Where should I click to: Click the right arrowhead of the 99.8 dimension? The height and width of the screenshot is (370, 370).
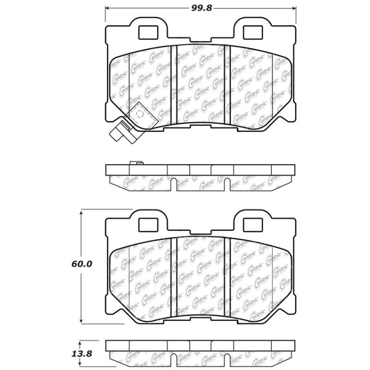coord(294,8)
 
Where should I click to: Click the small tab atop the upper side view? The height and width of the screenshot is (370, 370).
coord(136,162)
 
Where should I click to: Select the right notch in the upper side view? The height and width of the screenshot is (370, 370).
coord(228,185)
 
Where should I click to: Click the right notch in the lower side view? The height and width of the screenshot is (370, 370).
coord(228,361)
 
